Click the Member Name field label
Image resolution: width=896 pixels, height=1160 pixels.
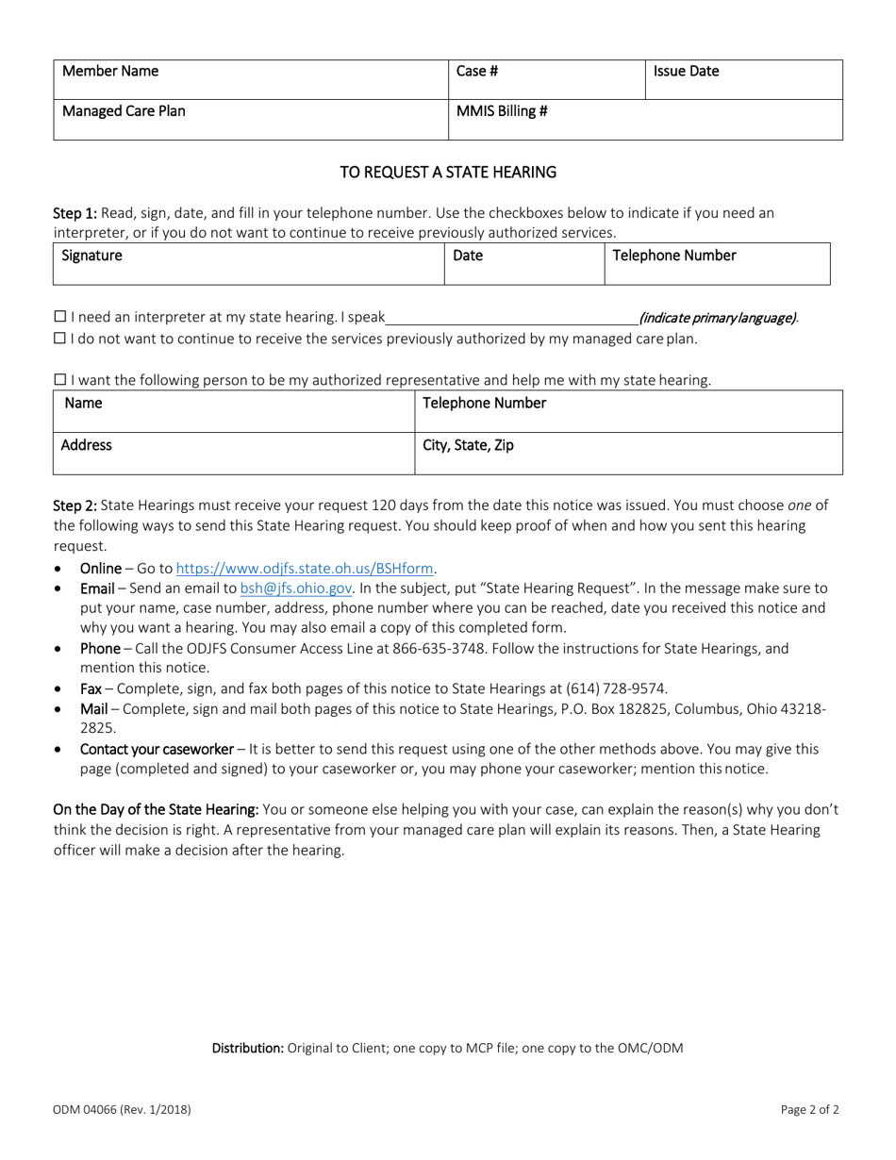click(110, 72)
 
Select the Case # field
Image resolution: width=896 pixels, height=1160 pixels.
click(545, 80)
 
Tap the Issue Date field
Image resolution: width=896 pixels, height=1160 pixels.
click(742, 80)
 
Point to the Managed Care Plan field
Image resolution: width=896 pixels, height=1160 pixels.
click(250, 120)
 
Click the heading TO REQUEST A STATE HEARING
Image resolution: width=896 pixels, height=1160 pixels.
click(448, 173)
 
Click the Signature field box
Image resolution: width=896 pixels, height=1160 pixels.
click(248, 264)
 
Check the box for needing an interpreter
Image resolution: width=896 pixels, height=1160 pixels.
click(60, 318)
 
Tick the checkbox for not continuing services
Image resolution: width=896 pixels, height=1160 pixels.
click(60, 339)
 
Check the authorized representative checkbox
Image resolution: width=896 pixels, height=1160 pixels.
click(60, 380)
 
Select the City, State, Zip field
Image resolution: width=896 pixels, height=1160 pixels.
click(626, 454)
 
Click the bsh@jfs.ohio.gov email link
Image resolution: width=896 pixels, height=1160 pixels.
click(296, 588)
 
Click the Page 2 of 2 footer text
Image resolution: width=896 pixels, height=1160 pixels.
click(809, 1110)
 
